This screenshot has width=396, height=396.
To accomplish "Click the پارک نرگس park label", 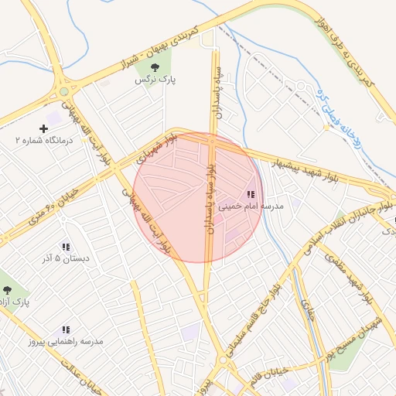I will tap(152, 80).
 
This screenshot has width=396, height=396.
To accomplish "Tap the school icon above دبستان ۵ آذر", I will tap(66, 246).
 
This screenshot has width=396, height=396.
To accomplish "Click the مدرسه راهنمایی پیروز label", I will tap(66, 340).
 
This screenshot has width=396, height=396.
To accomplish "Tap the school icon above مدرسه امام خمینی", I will tap(250, 194).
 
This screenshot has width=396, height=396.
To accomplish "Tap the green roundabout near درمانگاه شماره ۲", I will tap(63, 91).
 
